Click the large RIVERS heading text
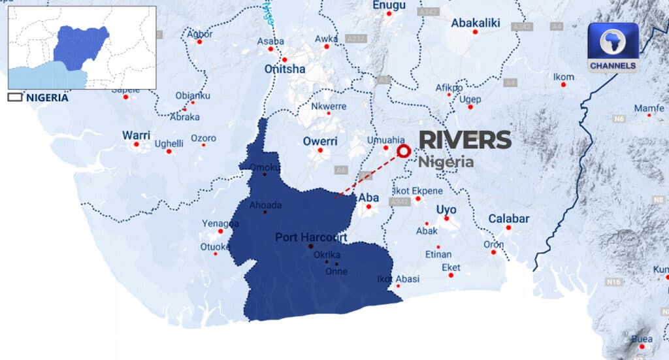[465, 140]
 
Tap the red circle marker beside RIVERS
[404, 152]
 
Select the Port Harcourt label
[311, 237]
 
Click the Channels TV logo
[612, 47]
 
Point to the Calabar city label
[508, 218]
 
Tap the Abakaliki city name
[475, 23]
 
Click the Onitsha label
[284, 69]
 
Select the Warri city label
[136, 135]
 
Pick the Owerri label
[320, 140]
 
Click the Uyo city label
[447, 209]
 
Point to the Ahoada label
[265, 205]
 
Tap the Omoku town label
[265, 167]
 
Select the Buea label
[641, 338]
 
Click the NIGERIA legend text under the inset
[46, 97]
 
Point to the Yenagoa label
[220, 223]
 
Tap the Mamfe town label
[649, 108]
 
